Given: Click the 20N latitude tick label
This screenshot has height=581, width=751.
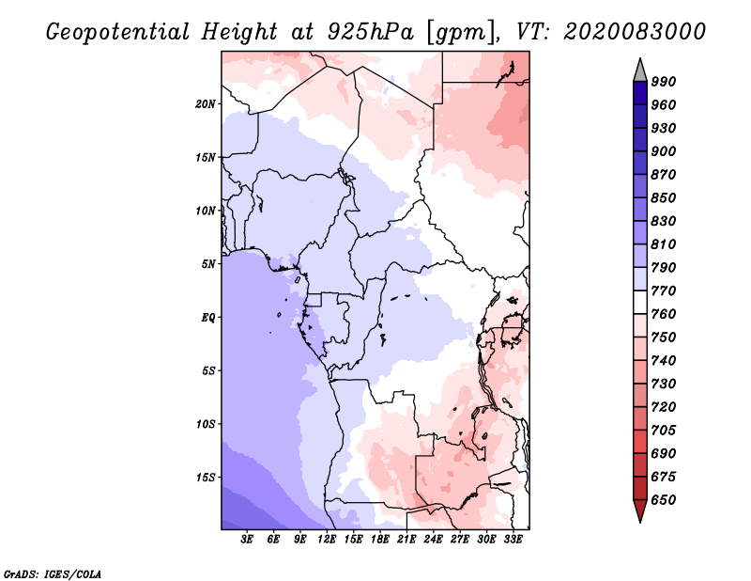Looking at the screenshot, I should tap(206, 103).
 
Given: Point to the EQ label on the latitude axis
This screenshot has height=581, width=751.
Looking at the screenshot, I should tap(208, 318).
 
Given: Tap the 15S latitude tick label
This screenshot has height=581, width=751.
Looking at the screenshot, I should tap(206, 478).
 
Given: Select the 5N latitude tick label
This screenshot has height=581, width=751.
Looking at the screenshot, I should tap(208, 264).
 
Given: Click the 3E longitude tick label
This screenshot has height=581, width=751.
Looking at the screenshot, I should tap(248, 540).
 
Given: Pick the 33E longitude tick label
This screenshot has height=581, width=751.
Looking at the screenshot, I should tap(513, 540).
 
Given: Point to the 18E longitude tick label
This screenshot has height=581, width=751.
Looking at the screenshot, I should tap(380, 540).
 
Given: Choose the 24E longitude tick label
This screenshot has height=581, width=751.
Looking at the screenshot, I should tap(433, 540).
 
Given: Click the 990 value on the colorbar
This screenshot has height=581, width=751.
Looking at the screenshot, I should tap(664, 82).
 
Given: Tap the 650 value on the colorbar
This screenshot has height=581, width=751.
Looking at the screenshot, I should tap(664, 500).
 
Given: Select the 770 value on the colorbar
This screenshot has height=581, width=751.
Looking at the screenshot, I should tap(664, 291).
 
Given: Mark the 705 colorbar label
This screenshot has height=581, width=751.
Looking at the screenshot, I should tap(664, 431).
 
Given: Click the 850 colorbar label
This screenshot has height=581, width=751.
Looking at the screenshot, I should tap(664, 198).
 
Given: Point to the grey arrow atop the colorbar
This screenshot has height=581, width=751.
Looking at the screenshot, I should tap(640, 70).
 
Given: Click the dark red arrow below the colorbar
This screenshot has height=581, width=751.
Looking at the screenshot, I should tap(640, 511).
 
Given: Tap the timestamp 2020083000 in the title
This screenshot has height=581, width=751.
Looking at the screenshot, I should tap(636, 32).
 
